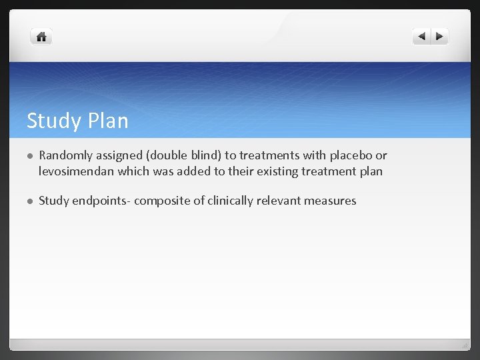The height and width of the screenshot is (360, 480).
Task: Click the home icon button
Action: click(41, 37)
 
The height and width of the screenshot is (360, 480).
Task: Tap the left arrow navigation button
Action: click(421, 37)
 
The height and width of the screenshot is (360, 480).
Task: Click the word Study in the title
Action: click(52, 121)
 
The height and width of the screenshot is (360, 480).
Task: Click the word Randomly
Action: click(66, 155)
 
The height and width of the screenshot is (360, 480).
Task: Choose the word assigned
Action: click(121, 155)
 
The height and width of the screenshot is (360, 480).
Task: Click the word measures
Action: click(333, 201)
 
